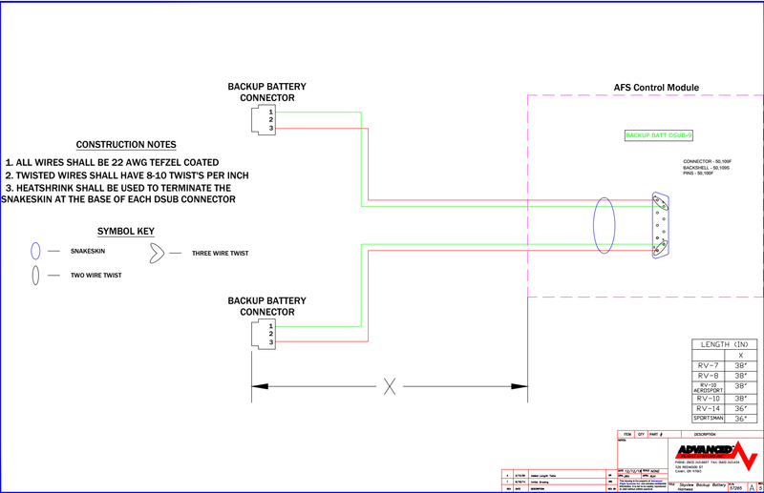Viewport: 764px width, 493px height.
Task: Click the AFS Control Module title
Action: [656, 88]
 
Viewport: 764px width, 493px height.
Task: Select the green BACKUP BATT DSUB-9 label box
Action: [658, 135]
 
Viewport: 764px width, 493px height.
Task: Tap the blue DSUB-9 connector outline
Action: [657, 225]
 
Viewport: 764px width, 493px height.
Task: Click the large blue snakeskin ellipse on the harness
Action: [604, 226]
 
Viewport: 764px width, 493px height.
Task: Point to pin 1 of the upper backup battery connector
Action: [271, 112]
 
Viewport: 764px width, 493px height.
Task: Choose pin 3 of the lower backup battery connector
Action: [271, 342]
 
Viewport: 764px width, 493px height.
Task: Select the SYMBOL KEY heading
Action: [126, 232]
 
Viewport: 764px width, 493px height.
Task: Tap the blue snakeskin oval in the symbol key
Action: [35, 252]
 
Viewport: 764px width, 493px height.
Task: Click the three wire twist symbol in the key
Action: [155, 253]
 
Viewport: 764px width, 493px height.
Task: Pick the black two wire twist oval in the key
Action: [35, 275]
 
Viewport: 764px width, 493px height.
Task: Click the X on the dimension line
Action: [390, 386]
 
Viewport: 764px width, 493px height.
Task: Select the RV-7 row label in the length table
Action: [709, 364]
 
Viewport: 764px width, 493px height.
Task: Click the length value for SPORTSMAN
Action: [742, 419]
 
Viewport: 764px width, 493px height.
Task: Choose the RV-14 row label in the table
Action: [709, 407]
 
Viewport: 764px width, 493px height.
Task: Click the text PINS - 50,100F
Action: [703, 174]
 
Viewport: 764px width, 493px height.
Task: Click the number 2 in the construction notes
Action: [9, 175]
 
